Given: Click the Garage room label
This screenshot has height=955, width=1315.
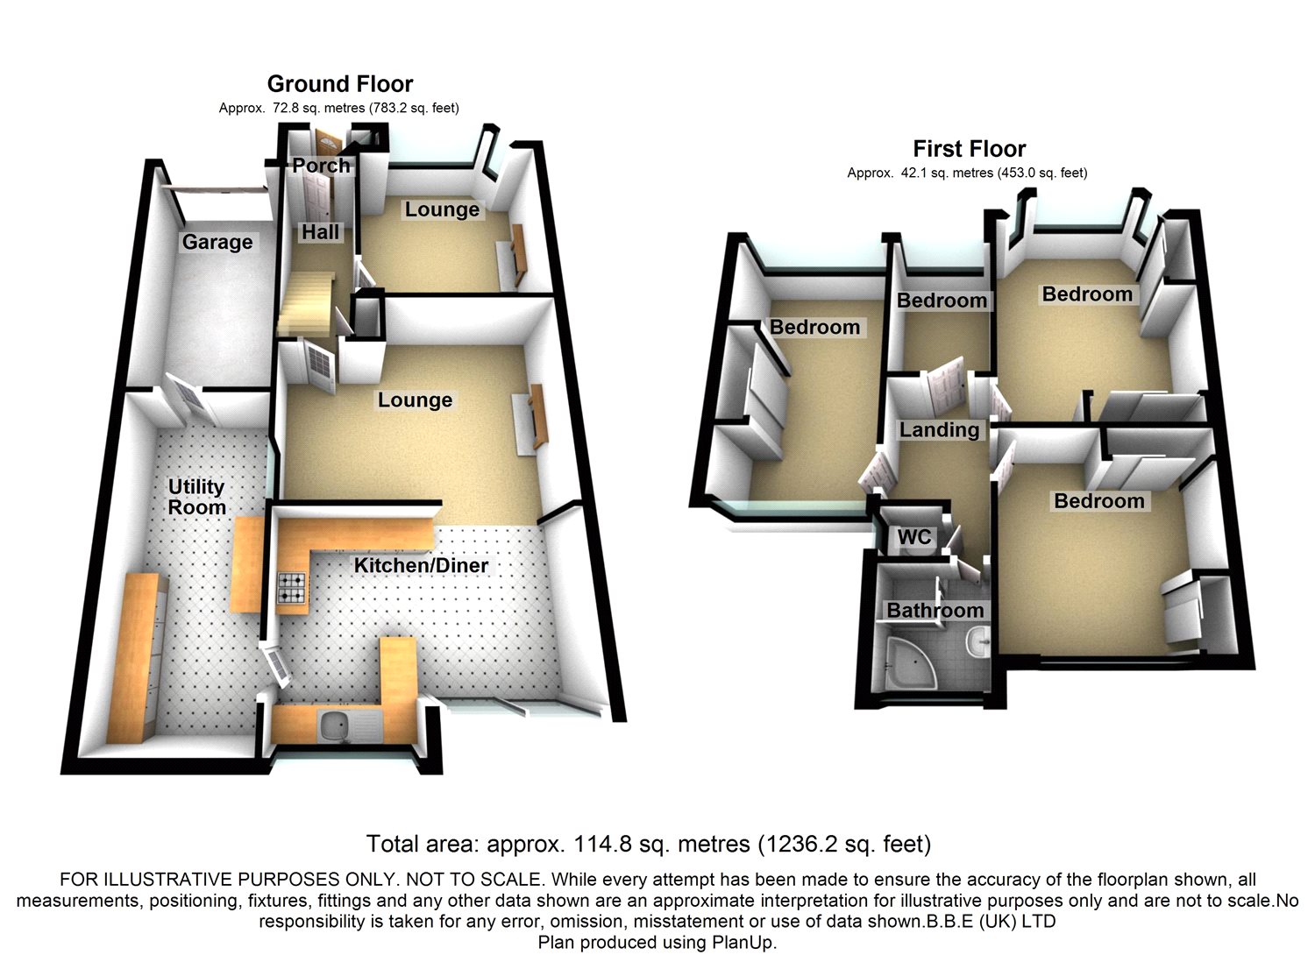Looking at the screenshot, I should coord(217,243).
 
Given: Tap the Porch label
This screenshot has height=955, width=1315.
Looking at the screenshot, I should coord(321,166).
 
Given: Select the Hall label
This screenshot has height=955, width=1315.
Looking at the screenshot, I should coord(320,232).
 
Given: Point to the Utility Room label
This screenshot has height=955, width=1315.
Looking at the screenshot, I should coord(197,497).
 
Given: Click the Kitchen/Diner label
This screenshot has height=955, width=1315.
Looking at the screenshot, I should coord(421,566).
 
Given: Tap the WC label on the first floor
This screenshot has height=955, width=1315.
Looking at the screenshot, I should coord(914,537).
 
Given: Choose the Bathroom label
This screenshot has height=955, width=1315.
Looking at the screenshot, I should coord(935,611).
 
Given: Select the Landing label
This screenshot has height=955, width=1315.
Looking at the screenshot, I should coord(939,430).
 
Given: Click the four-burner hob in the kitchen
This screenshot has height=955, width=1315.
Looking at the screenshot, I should coord(292,588).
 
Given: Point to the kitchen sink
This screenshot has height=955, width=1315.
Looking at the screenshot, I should coord(336,725).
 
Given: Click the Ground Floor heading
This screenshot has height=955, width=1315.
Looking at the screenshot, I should coord(340,84).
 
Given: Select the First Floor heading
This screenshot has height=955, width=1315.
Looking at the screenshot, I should coord(969,149).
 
